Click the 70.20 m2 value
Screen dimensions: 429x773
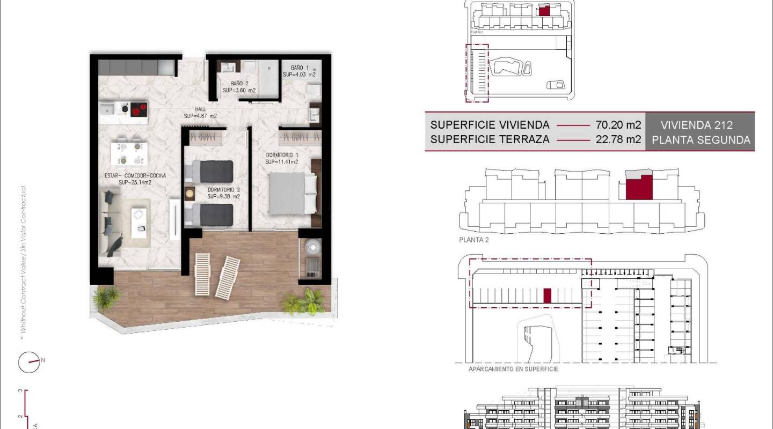618,125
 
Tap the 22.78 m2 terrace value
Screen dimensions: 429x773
618,139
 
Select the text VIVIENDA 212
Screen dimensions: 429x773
697,125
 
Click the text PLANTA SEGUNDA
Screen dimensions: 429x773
700,140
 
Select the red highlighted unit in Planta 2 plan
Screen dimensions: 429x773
639,187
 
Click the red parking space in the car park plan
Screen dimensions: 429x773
547,296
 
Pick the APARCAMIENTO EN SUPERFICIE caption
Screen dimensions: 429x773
513,369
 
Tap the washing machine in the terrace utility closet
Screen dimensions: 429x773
311,248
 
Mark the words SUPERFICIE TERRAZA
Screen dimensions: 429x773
490,139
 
